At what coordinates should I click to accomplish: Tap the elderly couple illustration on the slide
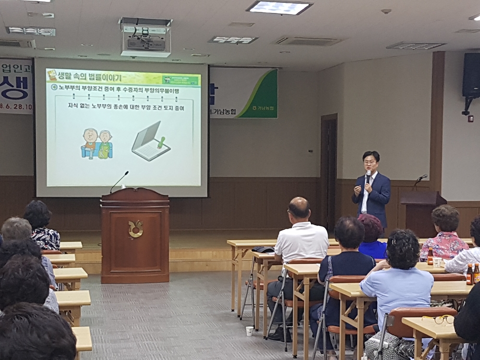click(96, 144)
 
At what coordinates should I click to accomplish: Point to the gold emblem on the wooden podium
click(135, 229)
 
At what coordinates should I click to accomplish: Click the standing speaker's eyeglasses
click(370, 163)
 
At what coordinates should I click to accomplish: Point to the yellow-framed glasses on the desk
click(438, 319)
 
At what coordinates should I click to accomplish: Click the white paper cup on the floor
click(249, 331)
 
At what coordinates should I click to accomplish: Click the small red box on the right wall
click(470, 119)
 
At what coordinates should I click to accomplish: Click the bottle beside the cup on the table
click(431, 256)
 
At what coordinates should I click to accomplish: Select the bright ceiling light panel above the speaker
click(279, 8)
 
